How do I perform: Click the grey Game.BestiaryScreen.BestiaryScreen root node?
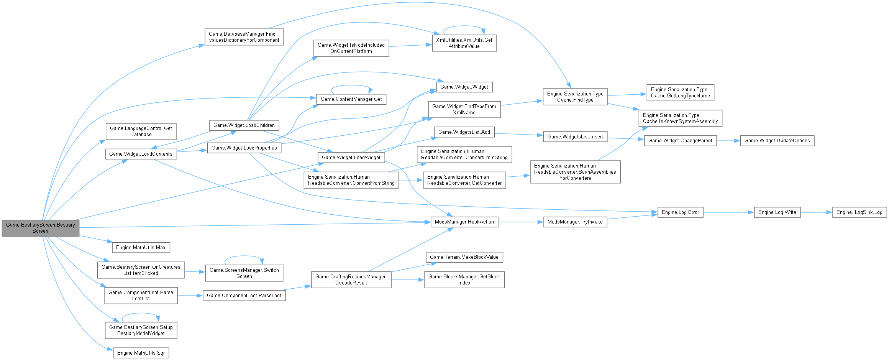[40, 228]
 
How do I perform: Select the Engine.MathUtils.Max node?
[141, 248]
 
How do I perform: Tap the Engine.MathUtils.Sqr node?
[141, 353]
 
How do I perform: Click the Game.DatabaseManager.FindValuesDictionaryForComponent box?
[244, 37]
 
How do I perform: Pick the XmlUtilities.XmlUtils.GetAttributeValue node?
[464, 43]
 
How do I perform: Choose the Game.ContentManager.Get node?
[351, 99]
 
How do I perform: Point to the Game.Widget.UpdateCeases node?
[777, 141]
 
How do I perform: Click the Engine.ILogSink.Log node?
[859, 212]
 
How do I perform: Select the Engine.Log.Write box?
[777, 212]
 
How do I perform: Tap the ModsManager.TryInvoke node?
[575, 222]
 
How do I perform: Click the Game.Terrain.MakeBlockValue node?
[464, 257]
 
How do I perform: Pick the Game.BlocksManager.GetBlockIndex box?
[464, 280]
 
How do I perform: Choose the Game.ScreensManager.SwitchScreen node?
[244, 273]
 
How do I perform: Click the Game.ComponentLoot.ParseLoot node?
[244, 296]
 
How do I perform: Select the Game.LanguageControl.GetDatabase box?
[141, 132]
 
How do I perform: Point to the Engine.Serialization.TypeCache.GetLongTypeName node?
[680, 93]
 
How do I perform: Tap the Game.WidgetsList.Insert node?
[575, 137]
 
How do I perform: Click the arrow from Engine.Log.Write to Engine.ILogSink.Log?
[816, 212]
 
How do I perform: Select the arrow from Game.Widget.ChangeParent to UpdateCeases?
[728, 141]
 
